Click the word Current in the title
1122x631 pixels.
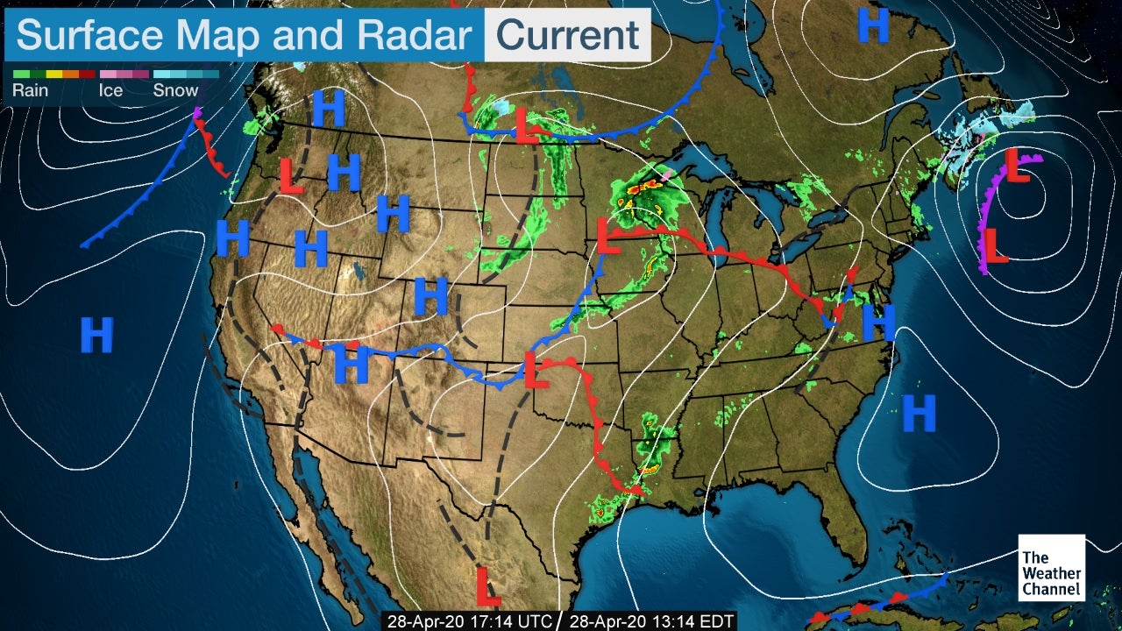(567, 36)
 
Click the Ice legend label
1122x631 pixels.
(110, 90)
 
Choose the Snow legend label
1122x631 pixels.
(175, 90)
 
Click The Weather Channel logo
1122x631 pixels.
(1051, 567)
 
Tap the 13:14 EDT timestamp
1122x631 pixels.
(652, 621)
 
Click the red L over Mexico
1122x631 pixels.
(487, 585)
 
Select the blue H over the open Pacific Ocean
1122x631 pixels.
(96, 335)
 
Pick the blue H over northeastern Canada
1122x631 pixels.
(873, 25)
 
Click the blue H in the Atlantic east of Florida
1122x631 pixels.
(919, 413)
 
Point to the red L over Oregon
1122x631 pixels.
(291, 176)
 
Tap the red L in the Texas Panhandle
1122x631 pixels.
(529, 369)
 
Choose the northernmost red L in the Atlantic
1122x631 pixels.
(1016, 166)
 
